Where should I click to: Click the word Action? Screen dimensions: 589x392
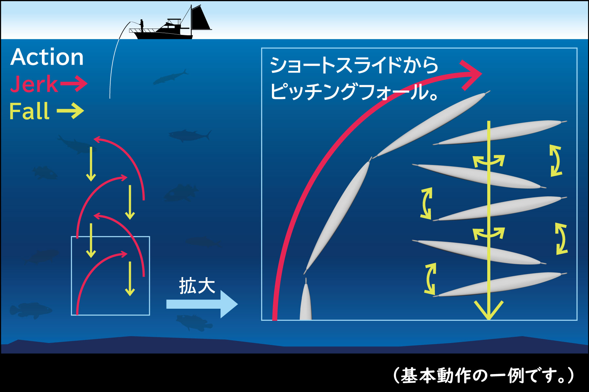click(x=47, y=57)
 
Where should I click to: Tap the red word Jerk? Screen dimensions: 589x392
click(x=34, y=84)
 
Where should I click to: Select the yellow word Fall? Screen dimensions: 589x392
click(x=29, y=111)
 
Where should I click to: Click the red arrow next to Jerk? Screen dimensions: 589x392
click(x=73, y=84)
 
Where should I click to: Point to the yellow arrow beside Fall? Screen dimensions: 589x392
click(x=70, y=111)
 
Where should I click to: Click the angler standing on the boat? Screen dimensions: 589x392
click(x=142, y=25)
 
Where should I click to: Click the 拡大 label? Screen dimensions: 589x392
click(x=197, y=286)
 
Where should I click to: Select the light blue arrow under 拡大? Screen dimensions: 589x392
click(x=202, y=304)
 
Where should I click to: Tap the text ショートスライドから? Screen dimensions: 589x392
click(x=354, y=65)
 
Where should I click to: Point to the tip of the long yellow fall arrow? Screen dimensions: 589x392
click(x=489, y=319)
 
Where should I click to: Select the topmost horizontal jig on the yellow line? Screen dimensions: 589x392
click(x=500, y=132)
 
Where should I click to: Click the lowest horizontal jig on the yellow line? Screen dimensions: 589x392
click(x=500, y=284)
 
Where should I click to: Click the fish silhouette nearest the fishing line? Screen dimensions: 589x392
click(x=170, y=77)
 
